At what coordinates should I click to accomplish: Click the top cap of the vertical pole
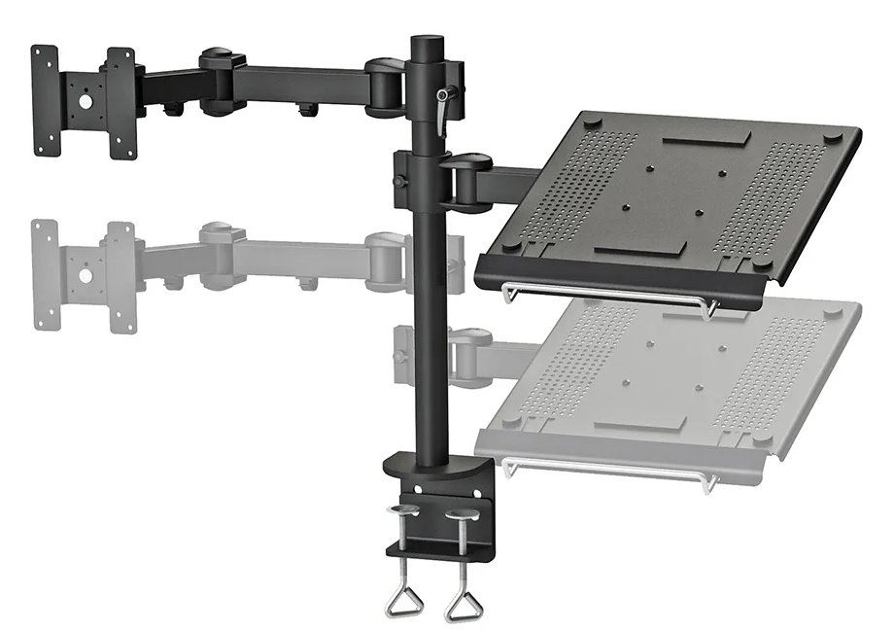point(425,43)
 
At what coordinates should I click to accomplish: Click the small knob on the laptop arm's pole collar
point(397,182)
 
